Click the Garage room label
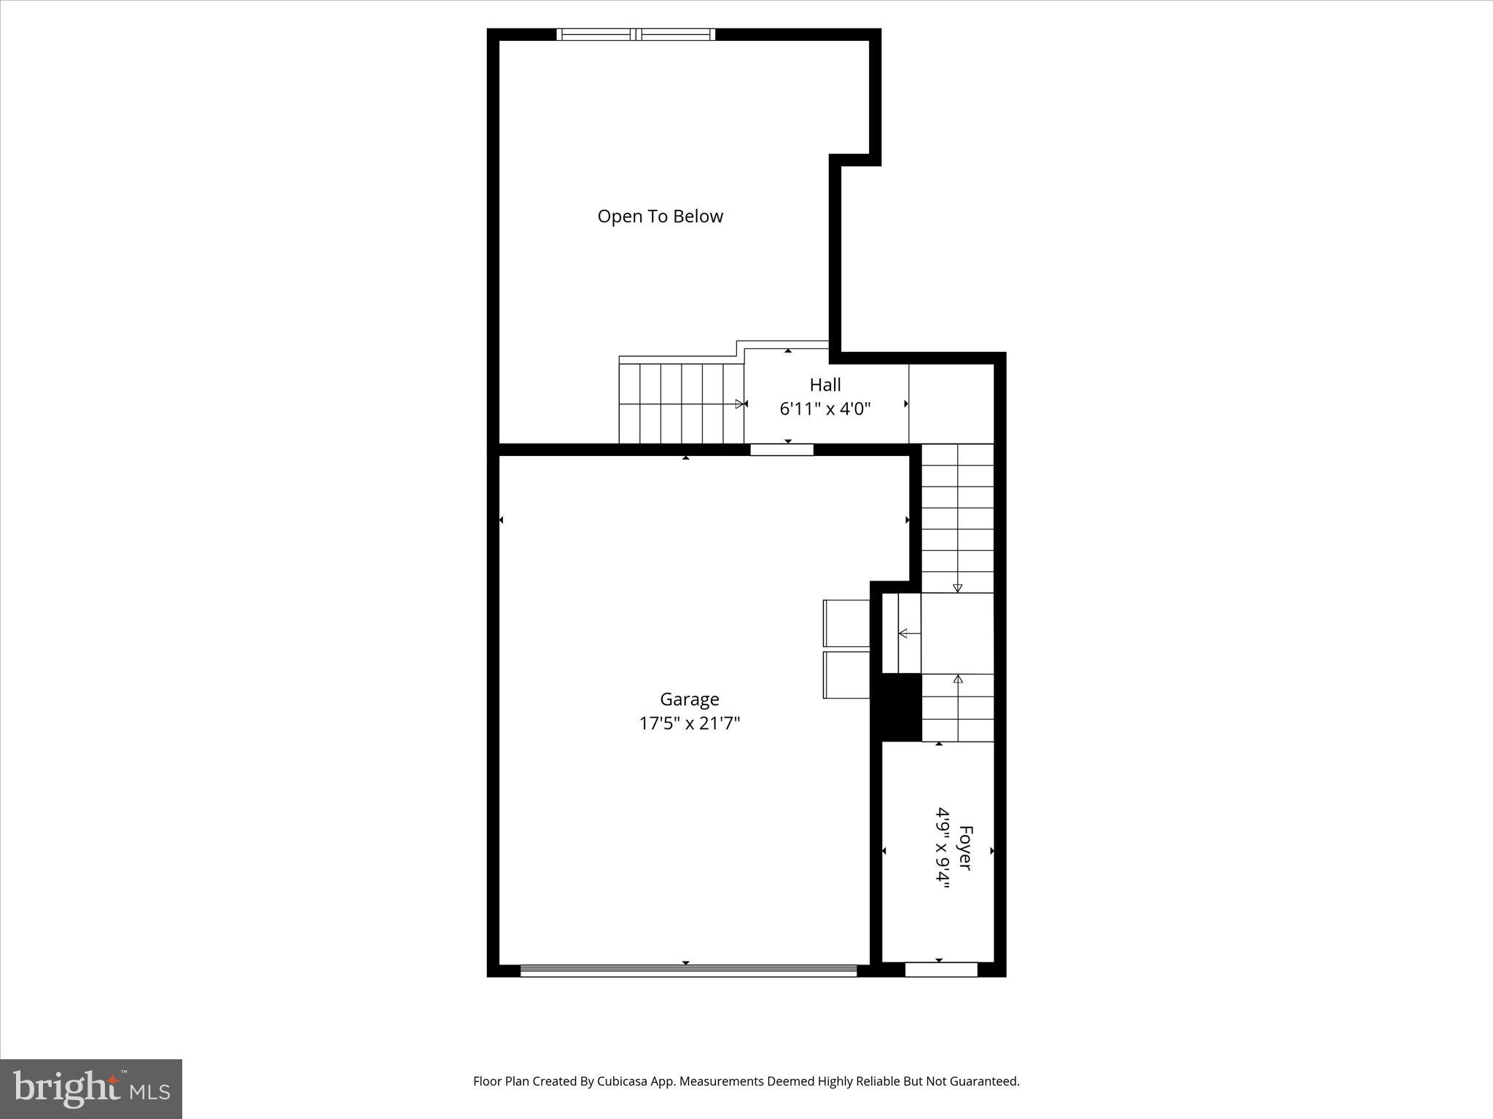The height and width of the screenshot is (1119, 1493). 689,699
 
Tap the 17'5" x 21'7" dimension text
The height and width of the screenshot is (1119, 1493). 689,723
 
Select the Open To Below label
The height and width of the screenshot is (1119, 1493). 660,216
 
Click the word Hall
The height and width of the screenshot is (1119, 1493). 825,385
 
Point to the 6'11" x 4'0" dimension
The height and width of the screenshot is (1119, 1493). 825,409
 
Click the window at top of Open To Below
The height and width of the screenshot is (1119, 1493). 636,34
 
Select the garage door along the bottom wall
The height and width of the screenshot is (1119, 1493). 688,970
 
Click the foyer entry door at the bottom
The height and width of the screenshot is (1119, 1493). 940,970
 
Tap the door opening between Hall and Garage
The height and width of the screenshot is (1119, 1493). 781,449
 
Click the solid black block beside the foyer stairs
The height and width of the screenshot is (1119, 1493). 902,707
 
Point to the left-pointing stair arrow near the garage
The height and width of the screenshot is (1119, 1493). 908,634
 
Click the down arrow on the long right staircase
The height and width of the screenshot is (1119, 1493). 957,587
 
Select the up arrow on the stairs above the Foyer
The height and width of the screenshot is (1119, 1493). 958,680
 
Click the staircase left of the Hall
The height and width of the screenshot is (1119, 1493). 680,404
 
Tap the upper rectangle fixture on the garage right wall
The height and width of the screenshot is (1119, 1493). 846,623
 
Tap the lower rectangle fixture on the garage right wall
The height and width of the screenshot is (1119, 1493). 846,675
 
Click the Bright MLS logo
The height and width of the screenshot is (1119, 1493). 91,1088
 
